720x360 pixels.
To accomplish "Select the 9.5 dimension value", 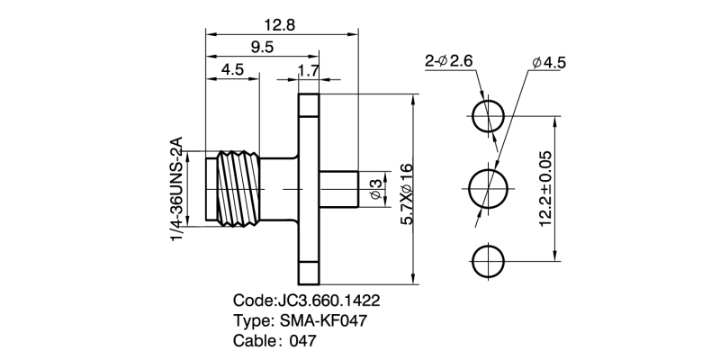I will (x=263, y=48).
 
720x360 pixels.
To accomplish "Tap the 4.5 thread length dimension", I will (x=233, y=69).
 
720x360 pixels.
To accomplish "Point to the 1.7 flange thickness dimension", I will (x=308, y=69).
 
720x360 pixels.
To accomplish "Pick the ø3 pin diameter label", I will (x=374, y=187).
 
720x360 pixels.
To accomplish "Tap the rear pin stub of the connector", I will (x=340, y=188).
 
